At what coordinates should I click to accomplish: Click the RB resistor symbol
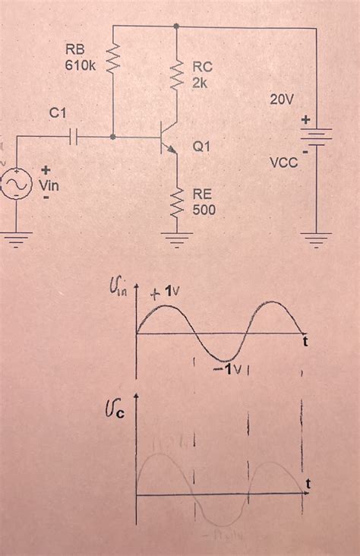(113, 56)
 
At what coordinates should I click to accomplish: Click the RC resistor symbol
(177, 74)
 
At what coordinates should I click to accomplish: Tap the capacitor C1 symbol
(74, 137)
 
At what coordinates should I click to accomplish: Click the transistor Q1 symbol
(168, 138)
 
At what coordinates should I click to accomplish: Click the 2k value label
(200, 81)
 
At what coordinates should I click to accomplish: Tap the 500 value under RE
(204, 209)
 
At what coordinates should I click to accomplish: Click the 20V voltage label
(282, 100)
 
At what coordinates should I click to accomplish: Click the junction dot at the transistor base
(113, 137)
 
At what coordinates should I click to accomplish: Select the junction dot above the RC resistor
(177, 26)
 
